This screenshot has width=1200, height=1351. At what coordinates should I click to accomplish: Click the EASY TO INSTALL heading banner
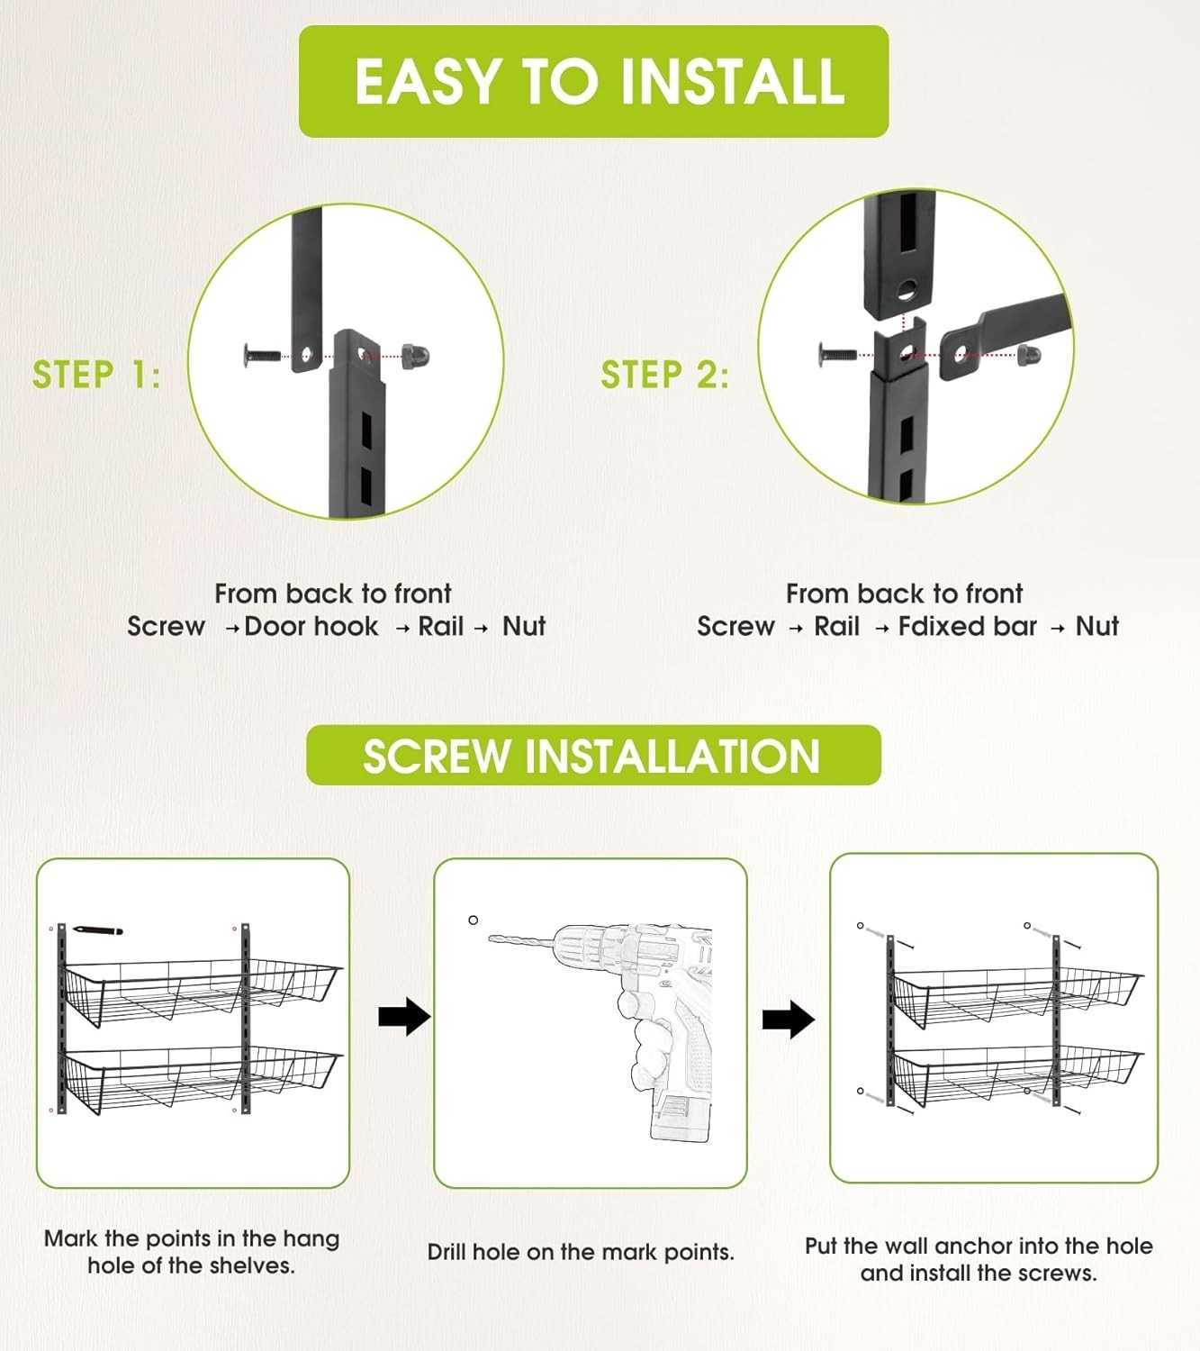tap(593, 81)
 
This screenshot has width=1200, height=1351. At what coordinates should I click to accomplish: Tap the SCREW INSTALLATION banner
tap(593, 755)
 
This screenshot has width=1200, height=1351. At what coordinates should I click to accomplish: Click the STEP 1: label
tap(96, 374)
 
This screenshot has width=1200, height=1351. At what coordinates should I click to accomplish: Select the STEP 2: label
tap(664, 374)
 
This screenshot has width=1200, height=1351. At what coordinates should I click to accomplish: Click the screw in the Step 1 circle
tap(263, 354)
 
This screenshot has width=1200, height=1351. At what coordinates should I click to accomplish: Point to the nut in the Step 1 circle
tap(416, 355)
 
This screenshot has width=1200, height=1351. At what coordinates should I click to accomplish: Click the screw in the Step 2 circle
tap(836, 352)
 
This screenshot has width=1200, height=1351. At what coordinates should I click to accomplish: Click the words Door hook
tap(311, 626)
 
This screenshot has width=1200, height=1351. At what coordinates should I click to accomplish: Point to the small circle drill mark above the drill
tap(474, 920)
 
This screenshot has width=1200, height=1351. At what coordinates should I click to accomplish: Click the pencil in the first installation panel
tap(97, 930)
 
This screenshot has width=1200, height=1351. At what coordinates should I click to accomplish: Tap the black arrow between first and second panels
tap(404, 1017)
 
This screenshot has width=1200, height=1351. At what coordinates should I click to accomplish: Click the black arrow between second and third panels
tap(789, 1019)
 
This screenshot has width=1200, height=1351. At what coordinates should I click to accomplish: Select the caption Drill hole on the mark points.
tap(581, 1252)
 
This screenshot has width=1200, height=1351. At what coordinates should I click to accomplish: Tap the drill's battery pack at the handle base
tap(679, 1117)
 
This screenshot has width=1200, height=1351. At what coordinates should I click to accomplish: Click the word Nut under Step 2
tap(1097, 626)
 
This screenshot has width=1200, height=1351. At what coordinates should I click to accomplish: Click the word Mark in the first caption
tap(71, 1239)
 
